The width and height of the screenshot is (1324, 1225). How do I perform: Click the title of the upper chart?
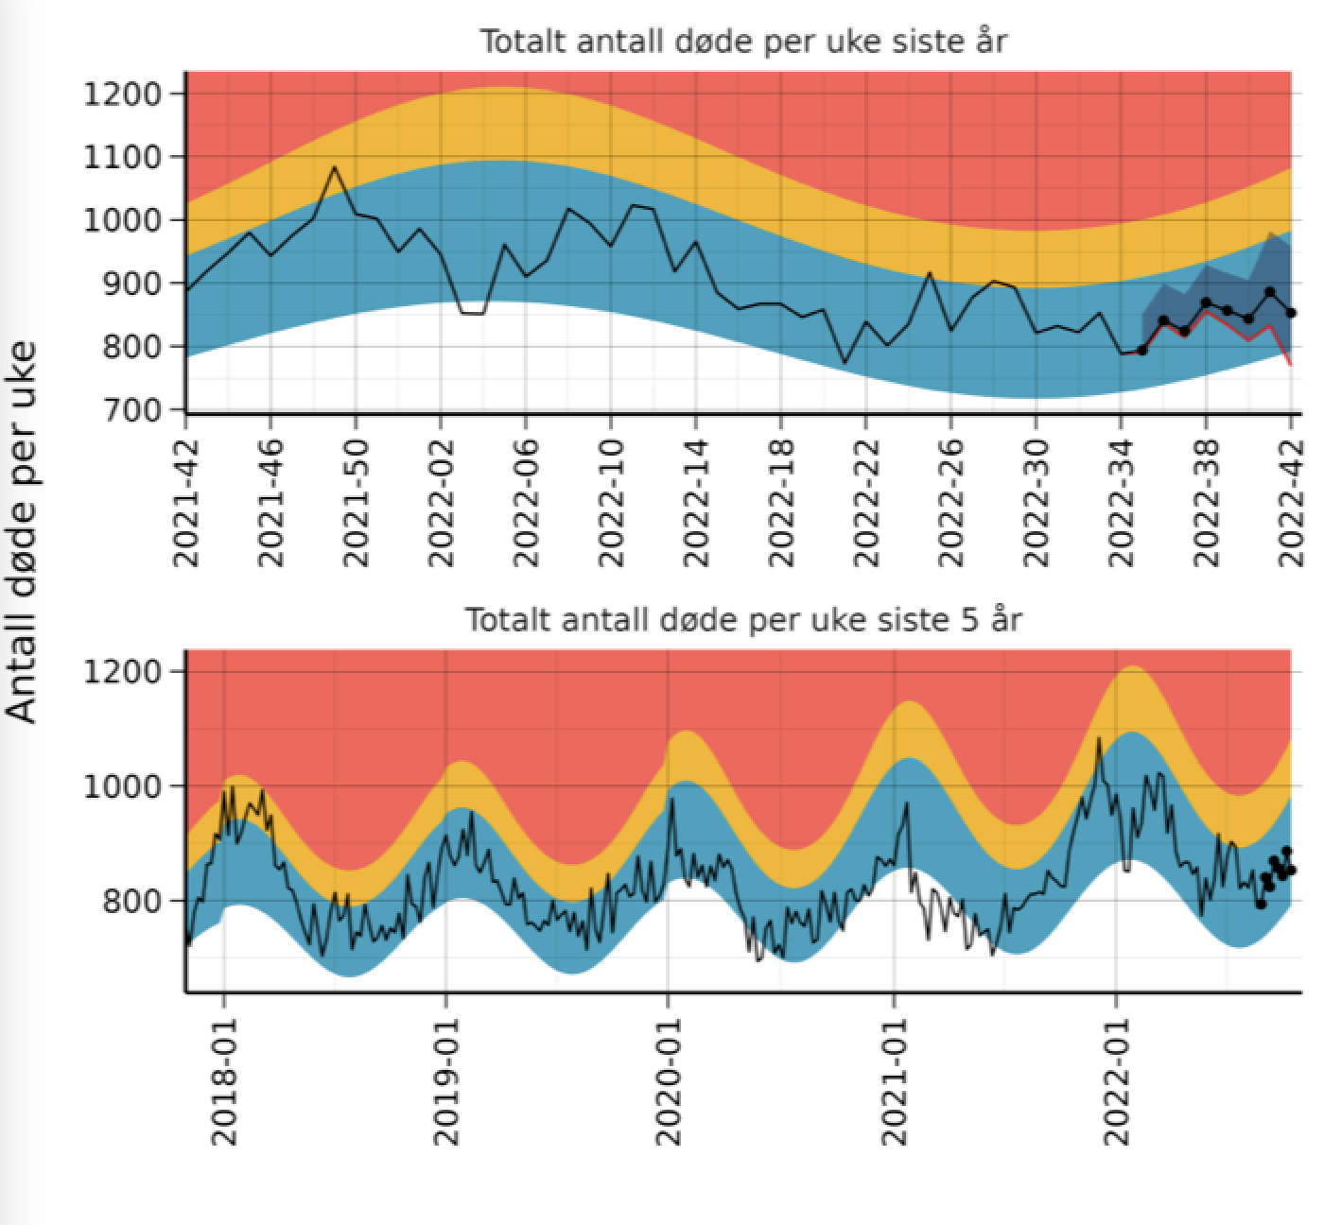click(742, 43)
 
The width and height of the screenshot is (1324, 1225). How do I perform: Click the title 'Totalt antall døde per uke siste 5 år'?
click(742, 621)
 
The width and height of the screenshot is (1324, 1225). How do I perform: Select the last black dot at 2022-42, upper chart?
click(1292, 313)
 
